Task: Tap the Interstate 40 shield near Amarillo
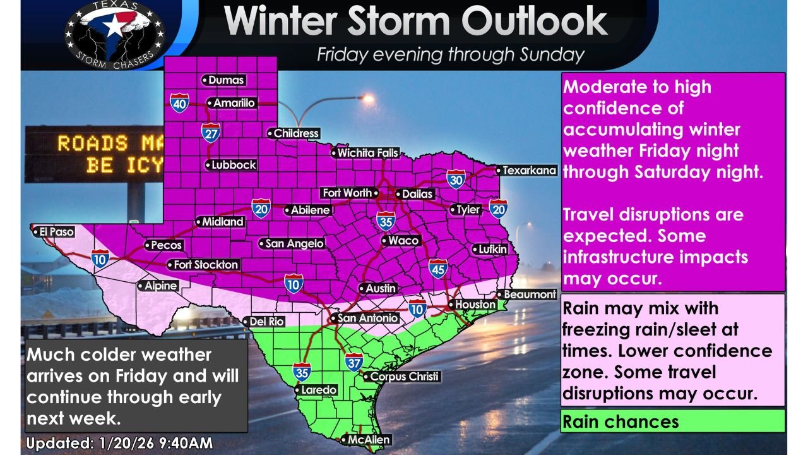coord(179,102)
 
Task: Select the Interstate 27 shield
coord(211,132)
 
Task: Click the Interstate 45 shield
coord(438,269)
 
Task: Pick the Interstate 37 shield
coord(354,362)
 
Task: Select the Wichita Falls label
coord(365,153)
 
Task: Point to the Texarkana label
coord(526,170)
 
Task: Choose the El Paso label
coord(53,232)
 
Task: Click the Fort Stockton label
coord(203,265)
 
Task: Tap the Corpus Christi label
coord(401,377)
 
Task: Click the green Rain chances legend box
coord(672,422)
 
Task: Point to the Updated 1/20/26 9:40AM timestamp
coord(119,444)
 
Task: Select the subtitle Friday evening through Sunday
coord(451,55)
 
